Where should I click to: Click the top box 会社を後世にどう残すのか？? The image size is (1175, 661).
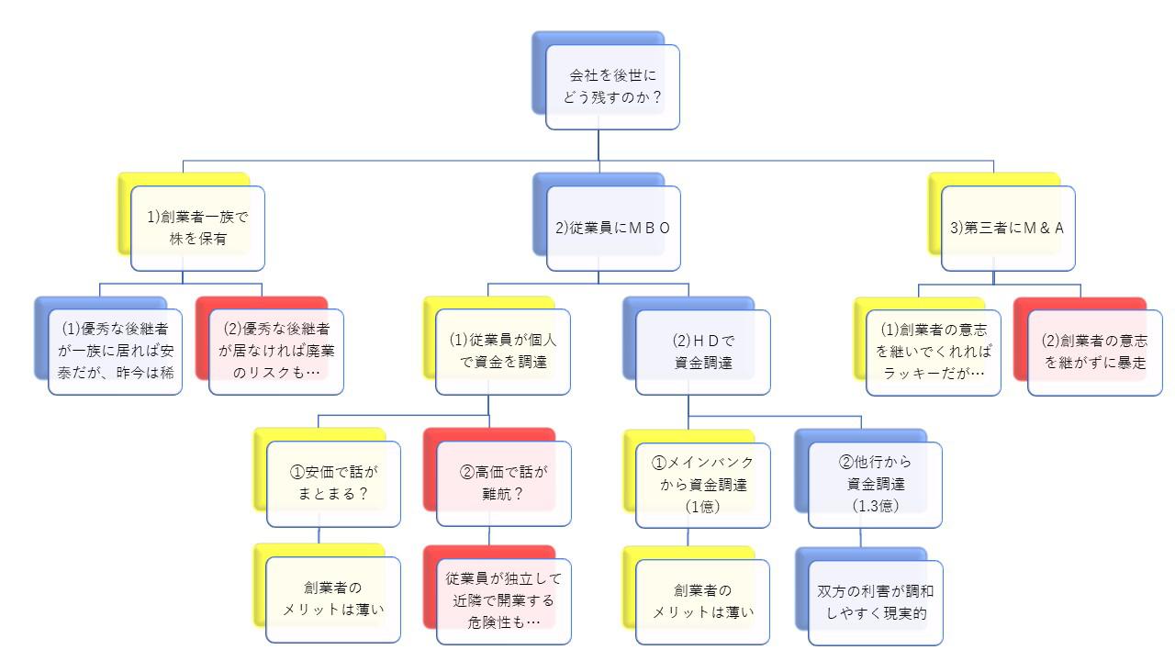point(612,86)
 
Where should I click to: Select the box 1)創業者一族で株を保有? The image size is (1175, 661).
point(197,229)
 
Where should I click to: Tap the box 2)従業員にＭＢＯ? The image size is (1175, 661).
point(613,229)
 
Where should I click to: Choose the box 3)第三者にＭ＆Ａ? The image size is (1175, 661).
point(1008,229)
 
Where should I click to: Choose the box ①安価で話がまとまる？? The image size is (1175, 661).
point(334,484)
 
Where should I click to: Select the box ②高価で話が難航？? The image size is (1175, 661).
point(503,484)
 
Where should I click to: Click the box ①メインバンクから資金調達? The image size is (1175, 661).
point(703,484)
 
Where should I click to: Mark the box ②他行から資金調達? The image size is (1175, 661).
point(875,484)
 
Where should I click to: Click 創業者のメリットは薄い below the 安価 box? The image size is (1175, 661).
point(333,599)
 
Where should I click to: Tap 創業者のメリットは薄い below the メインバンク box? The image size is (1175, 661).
point(703,600)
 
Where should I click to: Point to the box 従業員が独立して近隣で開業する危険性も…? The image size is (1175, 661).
point(503,600)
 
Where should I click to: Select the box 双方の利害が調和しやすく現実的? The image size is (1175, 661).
point(875,601)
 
